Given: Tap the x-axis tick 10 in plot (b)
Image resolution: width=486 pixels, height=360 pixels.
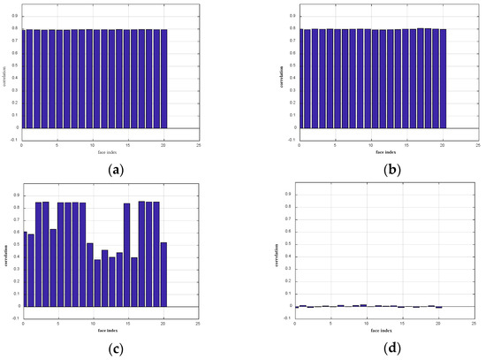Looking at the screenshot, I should click(370, 144).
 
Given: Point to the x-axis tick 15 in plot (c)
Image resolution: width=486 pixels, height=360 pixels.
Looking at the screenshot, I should click(127, 324).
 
